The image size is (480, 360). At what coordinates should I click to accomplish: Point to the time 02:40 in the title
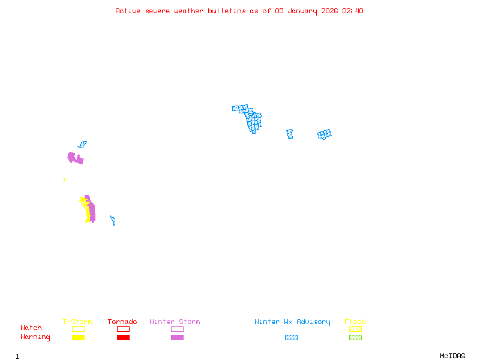[353, 11]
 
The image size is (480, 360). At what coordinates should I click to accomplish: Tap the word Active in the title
[128, 11]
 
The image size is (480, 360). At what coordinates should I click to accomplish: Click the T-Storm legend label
[77, 322]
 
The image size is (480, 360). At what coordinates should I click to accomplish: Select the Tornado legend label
[122, 322]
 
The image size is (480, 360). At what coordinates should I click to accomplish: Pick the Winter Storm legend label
[175, 322]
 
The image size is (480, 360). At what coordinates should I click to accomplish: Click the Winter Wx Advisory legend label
[292, 322]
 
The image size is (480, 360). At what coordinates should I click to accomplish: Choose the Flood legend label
[355, 322]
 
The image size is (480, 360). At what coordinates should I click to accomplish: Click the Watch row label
[31, 328]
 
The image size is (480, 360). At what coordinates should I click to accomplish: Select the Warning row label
[35, 337]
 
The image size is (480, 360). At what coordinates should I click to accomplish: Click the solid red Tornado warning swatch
[123, 338]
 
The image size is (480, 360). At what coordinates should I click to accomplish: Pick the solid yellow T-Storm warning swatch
[78, 338]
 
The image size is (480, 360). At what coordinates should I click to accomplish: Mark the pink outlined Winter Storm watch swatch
[177, 329]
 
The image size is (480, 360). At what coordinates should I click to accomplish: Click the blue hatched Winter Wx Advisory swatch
[291, 338]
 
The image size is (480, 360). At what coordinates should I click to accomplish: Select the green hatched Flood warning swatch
[355, 338]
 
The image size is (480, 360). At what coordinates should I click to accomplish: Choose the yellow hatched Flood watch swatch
[355, 329]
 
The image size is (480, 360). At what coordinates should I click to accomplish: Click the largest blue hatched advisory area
[253, 119]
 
